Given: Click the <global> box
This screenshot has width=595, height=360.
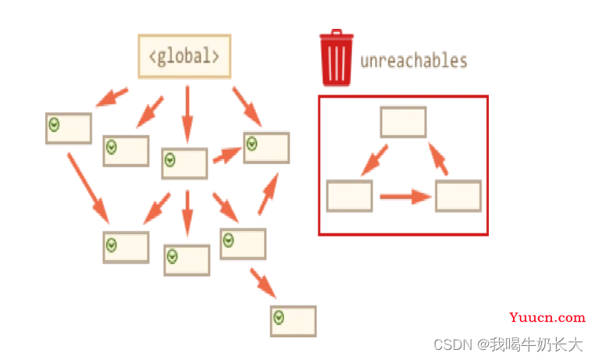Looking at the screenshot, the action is tap(184, 56).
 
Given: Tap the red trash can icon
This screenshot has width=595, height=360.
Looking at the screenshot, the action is tap(337, 58).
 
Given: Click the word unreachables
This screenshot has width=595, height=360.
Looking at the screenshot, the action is tap(414, 61).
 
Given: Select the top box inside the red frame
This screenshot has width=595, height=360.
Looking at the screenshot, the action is tap(404, 122).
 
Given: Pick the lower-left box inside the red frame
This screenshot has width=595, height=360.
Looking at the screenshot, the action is tap(350, 196).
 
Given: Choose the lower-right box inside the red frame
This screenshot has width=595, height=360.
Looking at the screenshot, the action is tap(458, 196).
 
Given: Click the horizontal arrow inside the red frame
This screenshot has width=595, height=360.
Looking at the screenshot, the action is tap(406, 197).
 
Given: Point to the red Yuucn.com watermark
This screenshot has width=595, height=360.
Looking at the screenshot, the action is tap(547, 317).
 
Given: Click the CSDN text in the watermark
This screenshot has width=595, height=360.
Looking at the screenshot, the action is tap(453, 345).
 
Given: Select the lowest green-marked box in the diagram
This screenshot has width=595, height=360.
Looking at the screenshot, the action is tap(294, 321).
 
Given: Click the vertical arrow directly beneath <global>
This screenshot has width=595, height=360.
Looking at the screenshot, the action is tap(187, 114).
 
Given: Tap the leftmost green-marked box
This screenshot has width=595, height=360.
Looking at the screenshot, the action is tap(69, 128).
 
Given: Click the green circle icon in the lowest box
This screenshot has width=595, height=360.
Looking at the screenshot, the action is tap(279, 317).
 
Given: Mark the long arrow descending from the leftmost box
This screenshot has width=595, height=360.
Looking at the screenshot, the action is tap(88, 188).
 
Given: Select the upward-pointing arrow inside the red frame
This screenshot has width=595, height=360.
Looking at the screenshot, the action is tap(438, 159).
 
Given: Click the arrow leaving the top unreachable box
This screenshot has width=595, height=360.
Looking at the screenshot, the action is tap(374, 160).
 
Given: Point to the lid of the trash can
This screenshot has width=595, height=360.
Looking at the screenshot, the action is tap(337, 34).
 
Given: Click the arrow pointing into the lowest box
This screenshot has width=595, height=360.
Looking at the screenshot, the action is tap(263, 283).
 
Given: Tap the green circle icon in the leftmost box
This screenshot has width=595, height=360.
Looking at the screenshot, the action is tap(54, 124).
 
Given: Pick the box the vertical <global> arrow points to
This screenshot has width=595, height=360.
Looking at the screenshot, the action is tap(184, 163).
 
